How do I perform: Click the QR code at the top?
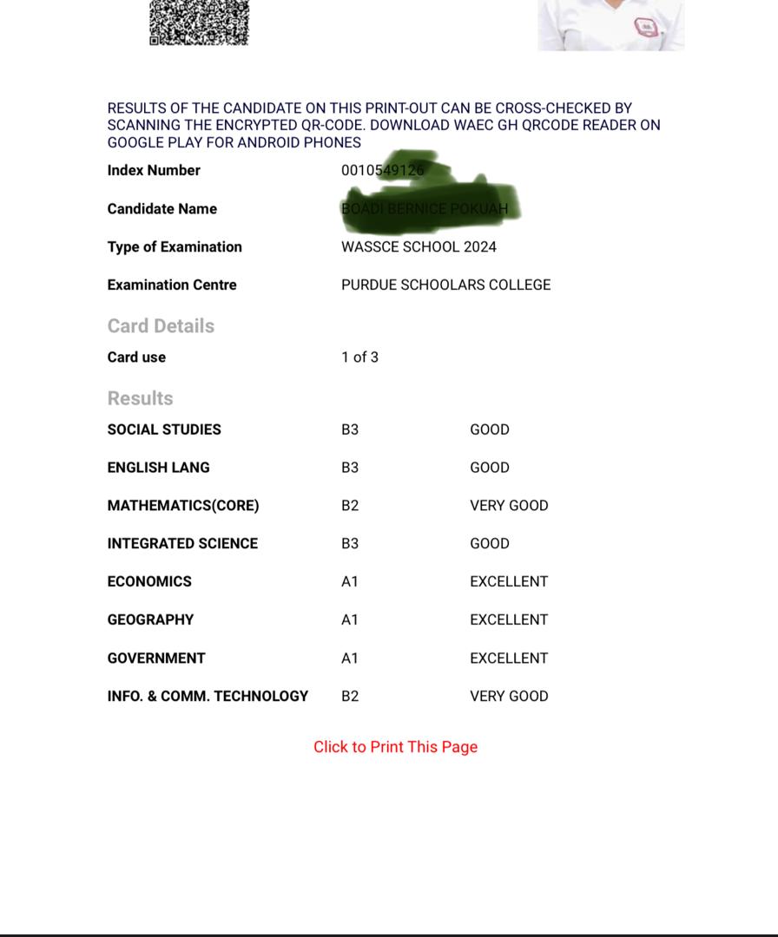(199, 22)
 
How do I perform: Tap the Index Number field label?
(154, 170)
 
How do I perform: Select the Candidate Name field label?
(162, 208)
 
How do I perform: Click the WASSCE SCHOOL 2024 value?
(419, 246)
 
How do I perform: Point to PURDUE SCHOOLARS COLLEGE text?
(445, 285)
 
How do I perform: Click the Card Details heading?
(161, 326)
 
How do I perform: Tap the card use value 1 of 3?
(359, 357)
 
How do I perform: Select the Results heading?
(140, 398)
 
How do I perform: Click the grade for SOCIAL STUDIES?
(350, 429)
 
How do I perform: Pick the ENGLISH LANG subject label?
(158, 468)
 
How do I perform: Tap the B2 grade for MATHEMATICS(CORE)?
(350, 505)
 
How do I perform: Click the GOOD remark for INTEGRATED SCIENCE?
(490, 543)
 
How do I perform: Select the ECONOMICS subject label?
(149, 581)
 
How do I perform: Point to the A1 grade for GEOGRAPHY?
(350, 619)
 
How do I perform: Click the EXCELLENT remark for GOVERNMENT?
(509, 658)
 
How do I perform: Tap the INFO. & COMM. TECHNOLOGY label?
(208, 696)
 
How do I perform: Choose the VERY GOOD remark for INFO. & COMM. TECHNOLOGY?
(509, 696)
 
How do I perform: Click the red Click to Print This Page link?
(395, 747)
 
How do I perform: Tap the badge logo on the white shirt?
(646, 27)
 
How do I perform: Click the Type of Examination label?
(175, 246)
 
